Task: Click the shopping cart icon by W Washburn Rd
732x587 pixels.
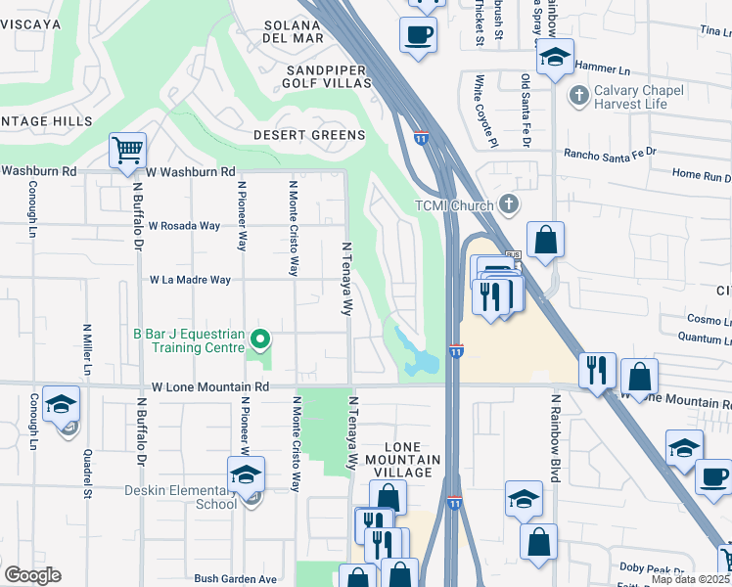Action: pyautogui.click(x=127, y=152)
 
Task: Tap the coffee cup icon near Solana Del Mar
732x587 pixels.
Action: pyautogui.click(x=419, y=35)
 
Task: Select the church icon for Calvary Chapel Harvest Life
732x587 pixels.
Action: pyautogui.click(x=576, y=96)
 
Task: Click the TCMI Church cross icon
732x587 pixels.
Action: pyautogui.click(x=508, y=203)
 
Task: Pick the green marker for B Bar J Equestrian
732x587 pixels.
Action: pyautogui.click(x=259, y=339)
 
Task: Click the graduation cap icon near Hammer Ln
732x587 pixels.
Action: pyautogui.click(x=555, y=58)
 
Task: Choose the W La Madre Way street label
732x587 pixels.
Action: pyautogui.click(x=190, y=280)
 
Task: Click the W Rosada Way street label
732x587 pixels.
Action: pyautogui.click(x=184, y=225)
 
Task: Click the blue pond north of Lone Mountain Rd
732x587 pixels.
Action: pyautogui.click(x=416, y=356)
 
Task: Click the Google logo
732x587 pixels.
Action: pyautogui.click(x=32, y=575)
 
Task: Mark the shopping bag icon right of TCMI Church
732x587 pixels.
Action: pyautogui.click(x=545, y=240)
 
